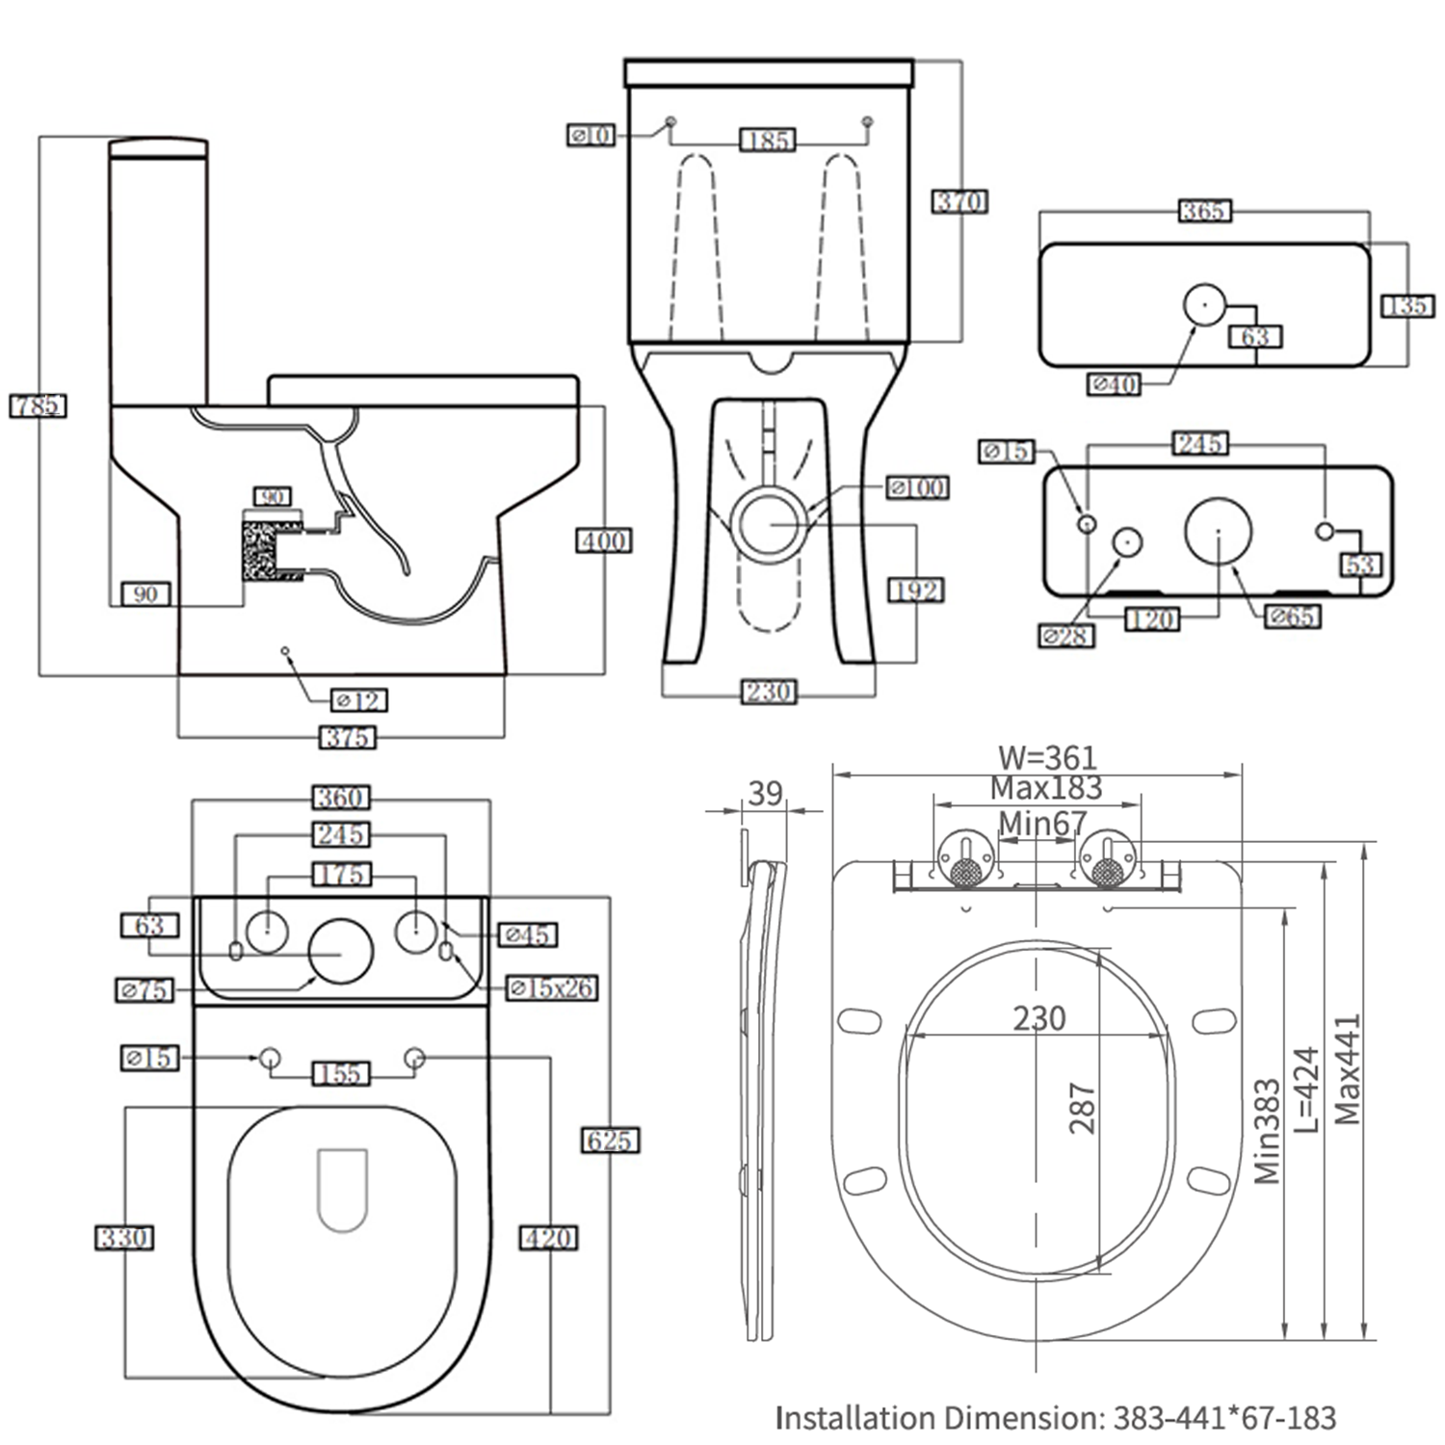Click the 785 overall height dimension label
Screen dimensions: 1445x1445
click(39, 406)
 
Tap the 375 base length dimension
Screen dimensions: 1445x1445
click(347, 738)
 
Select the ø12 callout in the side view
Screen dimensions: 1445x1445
click(358, 700)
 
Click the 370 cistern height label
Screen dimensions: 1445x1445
click(959, 202)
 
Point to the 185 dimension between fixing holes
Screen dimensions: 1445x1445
click(768, 141)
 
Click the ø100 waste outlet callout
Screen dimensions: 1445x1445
click(918, 488)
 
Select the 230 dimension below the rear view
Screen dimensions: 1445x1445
click(768, 692)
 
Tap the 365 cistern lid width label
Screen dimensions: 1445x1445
click(1204, 210)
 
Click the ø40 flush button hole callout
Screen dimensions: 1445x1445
click(1114, 384)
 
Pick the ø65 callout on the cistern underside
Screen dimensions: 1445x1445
click(1292, 617)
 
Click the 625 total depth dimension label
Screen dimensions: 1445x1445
click(610, 1141)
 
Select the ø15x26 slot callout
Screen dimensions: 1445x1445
click(552, 987)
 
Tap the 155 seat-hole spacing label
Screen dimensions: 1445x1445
click(341, 1073)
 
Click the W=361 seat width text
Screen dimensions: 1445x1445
click(1047, 758)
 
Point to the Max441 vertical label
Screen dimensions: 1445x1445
click(1347, 1069)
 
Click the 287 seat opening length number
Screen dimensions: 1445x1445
click(1082, 1108)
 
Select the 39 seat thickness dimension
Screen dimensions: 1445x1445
click(766, 794)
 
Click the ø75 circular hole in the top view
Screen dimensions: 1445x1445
click(340, 952)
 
